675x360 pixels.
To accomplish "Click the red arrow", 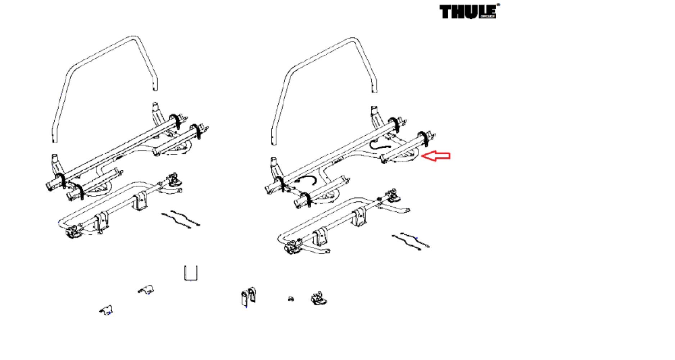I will [436, 156].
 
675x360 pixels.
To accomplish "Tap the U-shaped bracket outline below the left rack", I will [190, 273].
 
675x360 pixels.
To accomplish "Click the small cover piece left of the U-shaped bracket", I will [146, 289].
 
